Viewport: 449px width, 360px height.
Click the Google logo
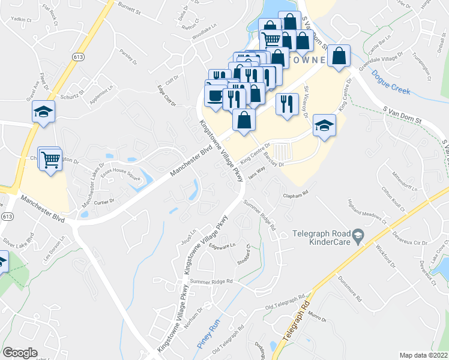pos(20,353)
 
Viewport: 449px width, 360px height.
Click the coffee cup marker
pos(215,95)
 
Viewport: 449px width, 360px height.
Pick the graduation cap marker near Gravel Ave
pos(43,112)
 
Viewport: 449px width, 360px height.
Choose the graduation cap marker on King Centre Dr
pos(324,125)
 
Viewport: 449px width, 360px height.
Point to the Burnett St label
pos(130,11)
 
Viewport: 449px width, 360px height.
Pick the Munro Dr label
pos(316,317)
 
